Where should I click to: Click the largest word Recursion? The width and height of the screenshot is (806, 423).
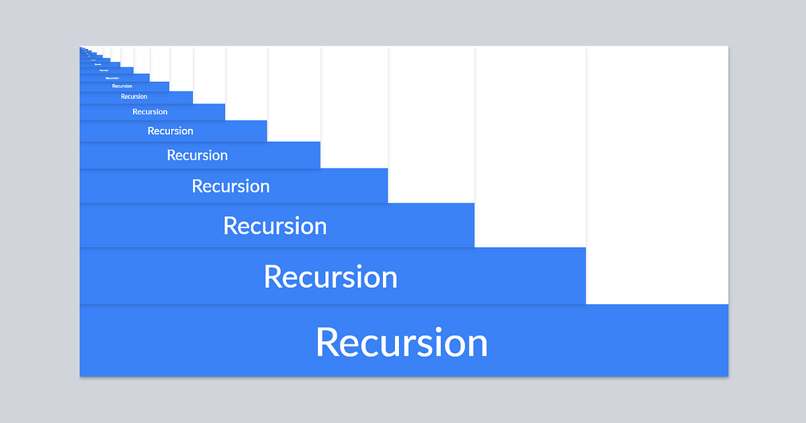[402, 342]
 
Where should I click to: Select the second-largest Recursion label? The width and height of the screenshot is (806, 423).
[330, 277]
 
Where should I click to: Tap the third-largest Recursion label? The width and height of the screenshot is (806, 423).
[275, 226]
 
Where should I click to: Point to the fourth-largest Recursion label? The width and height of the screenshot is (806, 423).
[230, 186]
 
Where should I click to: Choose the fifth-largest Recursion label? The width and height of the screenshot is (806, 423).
[197, 155]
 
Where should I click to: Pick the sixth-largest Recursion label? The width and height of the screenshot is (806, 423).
[170, 131]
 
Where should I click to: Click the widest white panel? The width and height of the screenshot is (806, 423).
[658, 175]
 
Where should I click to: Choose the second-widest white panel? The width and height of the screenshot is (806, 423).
[531, 146]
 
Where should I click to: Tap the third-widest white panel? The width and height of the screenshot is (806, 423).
[431, 124]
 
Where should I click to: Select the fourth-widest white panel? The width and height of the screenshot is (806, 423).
[355, 107]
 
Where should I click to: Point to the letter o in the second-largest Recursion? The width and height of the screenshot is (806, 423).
[371, 279]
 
